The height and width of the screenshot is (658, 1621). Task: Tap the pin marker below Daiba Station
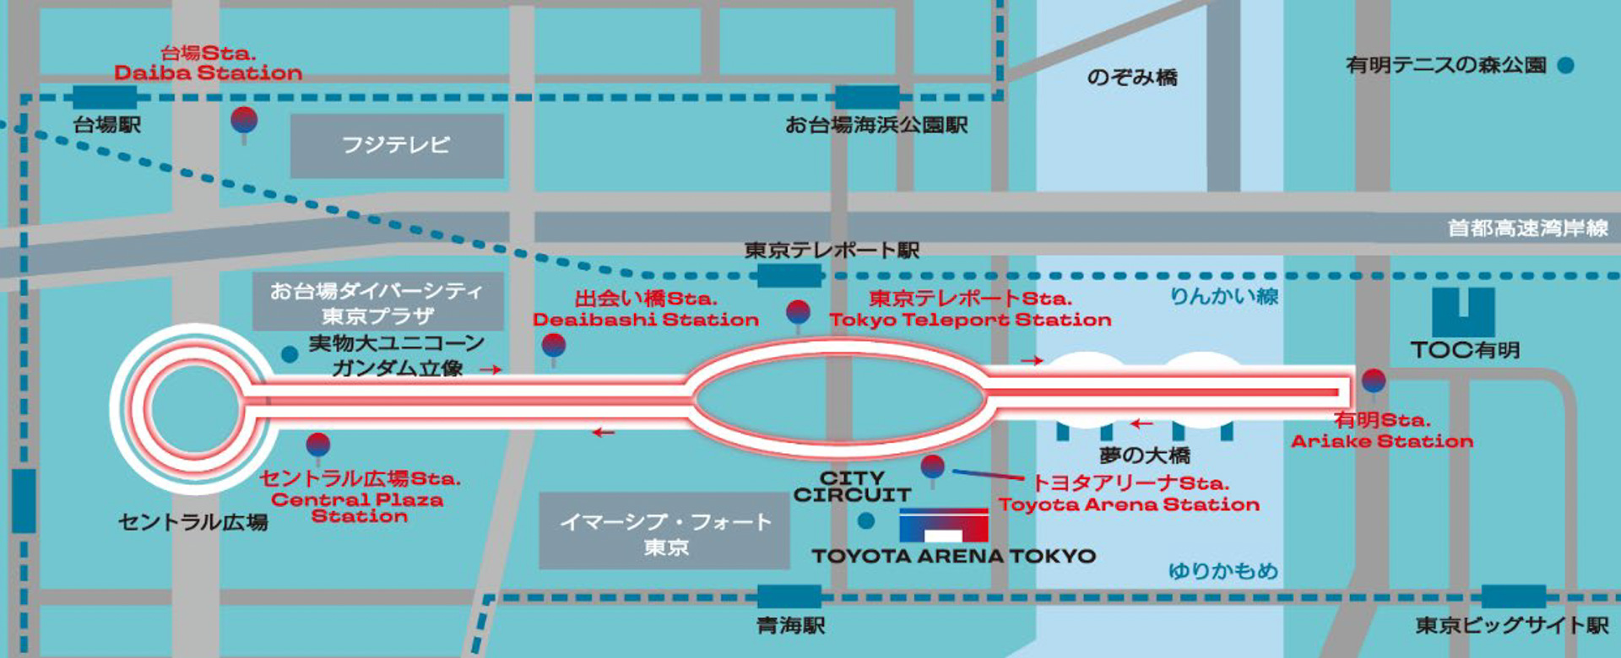[244, 121]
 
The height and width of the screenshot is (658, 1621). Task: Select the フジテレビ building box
[397, 146]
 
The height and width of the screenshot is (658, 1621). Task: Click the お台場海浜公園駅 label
[876, 126]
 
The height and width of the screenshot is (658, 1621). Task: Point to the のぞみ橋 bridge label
[1131, 78]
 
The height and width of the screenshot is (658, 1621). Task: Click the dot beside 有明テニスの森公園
[1565, 65]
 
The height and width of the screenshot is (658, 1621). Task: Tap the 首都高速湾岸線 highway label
[1527, 228]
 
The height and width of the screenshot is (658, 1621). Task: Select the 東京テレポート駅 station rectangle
[789, 276]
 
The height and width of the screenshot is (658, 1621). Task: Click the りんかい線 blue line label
[1223, 296]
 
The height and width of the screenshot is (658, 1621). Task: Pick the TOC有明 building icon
[1463, 312]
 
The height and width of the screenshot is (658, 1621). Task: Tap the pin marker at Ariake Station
[1374, 382]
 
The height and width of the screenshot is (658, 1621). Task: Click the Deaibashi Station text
[646, 320]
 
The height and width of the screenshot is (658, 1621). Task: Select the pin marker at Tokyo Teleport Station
[798, 312]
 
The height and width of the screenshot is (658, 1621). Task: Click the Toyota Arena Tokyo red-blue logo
[943, 526]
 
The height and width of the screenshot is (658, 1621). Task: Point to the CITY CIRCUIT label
[852, 487]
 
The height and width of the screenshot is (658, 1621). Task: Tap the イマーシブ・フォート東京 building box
[664, 531]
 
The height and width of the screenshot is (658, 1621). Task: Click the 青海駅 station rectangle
[789, 596]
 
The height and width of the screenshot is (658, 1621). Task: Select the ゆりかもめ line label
[1223, 571]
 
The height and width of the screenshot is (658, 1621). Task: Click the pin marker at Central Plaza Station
[317, 445]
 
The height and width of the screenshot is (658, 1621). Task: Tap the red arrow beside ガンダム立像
[491, 369]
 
